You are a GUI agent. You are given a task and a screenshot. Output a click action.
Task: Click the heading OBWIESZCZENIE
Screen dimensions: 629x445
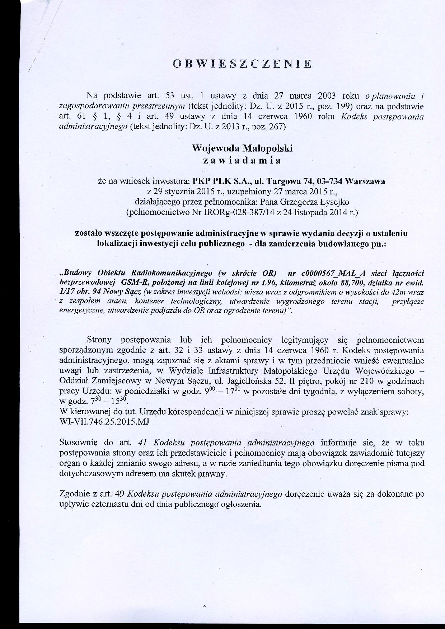pyautogui.click(x=242, y=64)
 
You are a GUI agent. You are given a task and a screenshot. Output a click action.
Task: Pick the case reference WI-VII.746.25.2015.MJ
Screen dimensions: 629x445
pyautogui.click(x=104, y=422)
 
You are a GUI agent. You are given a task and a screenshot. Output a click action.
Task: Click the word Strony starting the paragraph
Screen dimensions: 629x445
pyautogui.click(x=99, y=340)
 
